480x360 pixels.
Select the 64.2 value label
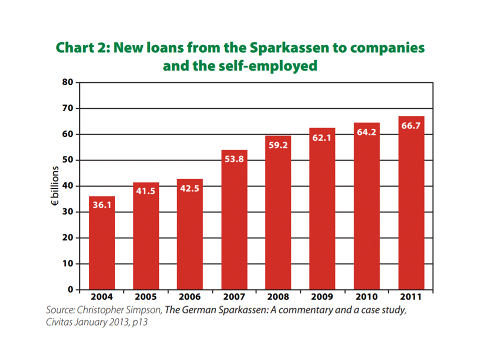(x=367, y=133)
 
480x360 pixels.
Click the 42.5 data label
(x=190, y=189)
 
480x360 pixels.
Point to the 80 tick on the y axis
(x=68, y=82)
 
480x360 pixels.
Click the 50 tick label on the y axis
(x=68, y=160)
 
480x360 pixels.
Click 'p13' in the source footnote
(x=140, y=322)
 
